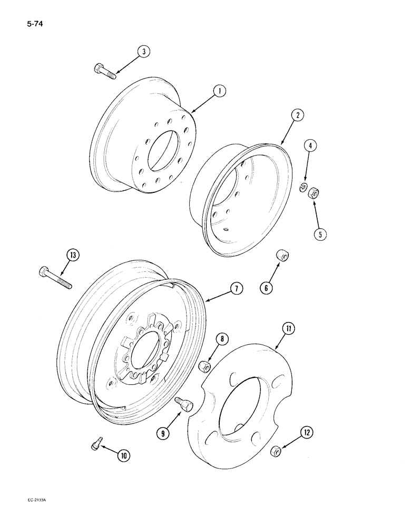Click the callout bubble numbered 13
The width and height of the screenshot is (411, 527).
72,256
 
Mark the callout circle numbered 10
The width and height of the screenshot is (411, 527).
124,455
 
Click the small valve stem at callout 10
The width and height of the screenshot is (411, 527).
94,445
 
